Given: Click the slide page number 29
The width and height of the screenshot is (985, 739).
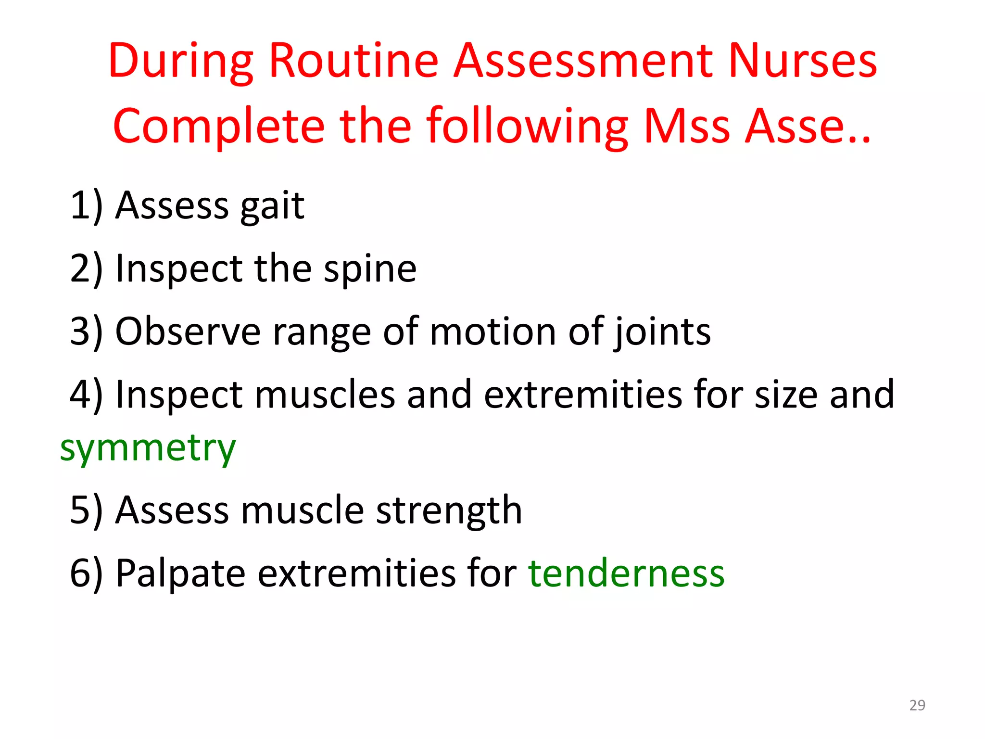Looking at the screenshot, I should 917,705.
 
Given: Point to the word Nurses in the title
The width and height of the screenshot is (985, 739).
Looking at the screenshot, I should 803,61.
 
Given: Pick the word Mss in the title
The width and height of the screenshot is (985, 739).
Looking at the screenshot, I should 687,127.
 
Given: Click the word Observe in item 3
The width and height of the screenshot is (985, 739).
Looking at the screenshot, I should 188,332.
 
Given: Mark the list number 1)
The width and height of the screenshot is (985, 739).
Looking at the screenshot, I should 87,206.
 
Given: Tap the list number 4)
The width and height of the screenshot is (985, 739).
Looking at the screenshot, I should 87,395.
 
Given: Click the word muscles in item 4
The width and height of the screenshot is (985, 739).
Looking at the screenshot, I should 325,395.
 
